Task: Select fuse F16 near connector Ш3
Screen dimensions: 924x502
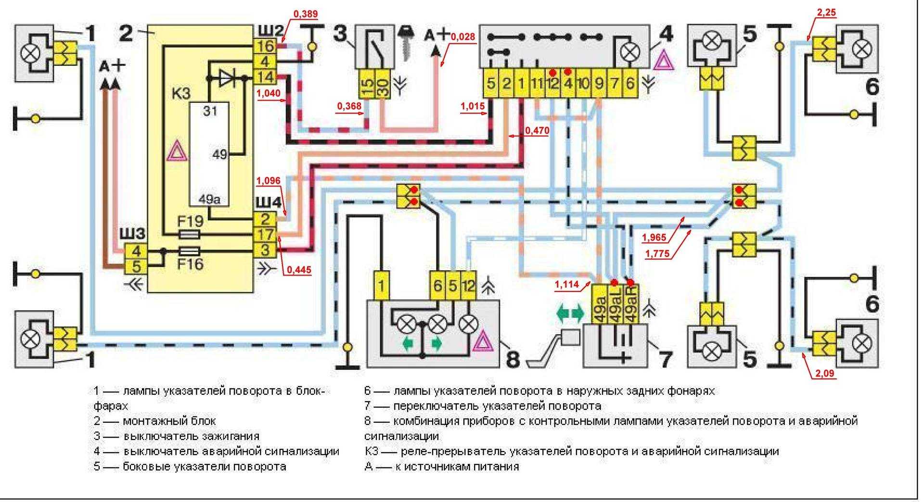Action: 190,251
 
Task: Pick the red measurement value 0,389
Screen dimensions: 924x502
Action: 305,14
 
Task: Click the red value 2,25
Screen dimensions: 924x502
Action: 826,13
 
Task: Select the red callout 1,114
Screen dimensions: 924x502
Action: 567,284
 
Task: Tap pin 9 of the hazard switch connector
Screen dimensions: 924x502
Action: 599,84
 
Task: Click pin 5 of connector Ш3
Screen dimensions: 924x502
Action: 136,265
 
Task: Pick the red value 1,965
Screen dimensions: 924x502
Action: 654,237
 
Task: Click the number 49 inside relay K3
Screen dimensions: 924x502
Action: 220,155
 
